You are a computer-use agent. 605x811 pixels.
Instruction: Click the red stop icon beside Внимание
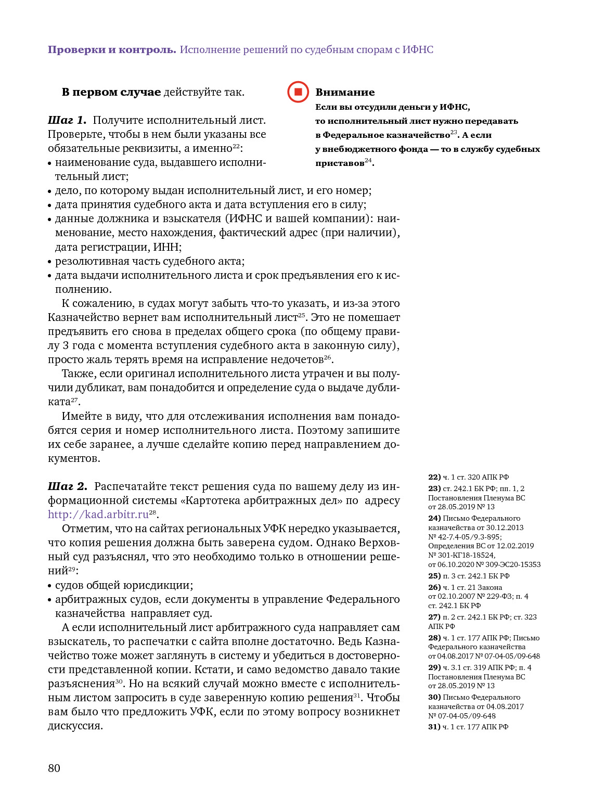coord(298,92)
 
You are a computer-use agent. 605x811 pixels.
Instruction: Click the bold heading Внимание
coord(345,93)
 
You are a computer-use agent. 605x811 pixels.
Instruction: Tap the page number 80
coord(54,768)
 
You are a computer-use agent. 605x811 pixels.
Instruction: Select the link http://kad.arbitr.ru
coord(98,515)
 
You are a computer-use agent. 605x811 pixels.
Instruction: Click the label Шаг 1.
coord(67,121)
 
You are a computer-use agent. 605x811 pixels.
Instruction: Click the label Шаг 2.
coord(68,487)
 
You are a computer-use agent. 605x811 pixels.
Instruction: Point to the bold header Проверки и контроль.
coord(112,50)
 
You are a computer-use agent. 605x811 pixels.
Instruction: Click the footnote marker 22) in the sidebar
coord(434,477)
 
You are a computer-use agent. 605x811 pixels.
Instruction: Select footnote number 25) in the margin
coord(434,576)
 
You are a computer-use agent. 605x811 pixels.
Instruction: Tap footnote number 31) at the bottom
coord(434,727)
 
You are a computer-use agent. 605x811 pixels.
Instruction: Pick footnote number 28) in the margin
coord(434,638)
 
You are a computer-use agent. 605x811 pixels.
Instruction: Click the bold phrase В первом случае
coord(111,93)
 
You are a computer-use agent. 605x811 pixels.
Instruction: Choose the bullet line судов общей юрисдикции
coord(124,585)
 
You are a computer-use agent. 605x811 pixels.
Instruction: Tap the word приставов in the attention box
coord(340,163)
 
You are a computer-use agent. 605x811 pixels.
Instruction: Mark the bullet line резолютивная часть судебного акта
coord(150,261)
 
